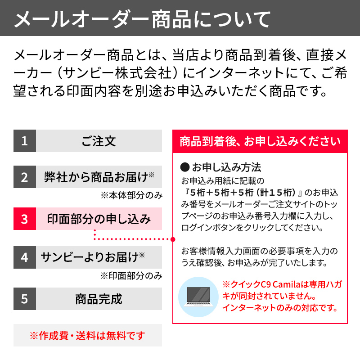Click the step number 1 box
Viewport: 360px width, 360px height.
point(24,141)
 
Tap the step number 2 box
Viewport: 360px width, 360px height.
point(24,176)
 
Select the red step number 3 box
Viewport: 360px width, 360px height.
point(24,219)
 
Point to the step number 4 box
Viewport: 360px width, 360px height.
point(24,257)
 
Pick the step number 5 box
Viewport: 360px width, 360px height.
point(24,299)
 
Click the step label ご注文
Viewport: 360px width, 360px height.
point(99,141)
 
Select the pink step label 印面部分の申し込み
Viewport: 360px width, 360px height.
point(99,219)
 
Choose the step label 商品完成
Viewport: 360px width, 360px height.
point(99,299)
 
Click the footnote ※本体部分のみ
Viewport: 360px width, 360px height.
point(131,195)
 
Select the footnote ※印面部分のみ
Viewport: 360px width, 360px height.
point(131,275)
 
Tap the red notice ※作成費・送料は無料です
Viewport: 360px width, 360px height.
point(88,336)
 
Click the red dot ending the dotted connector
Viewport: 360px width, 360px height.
point(172,239)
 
